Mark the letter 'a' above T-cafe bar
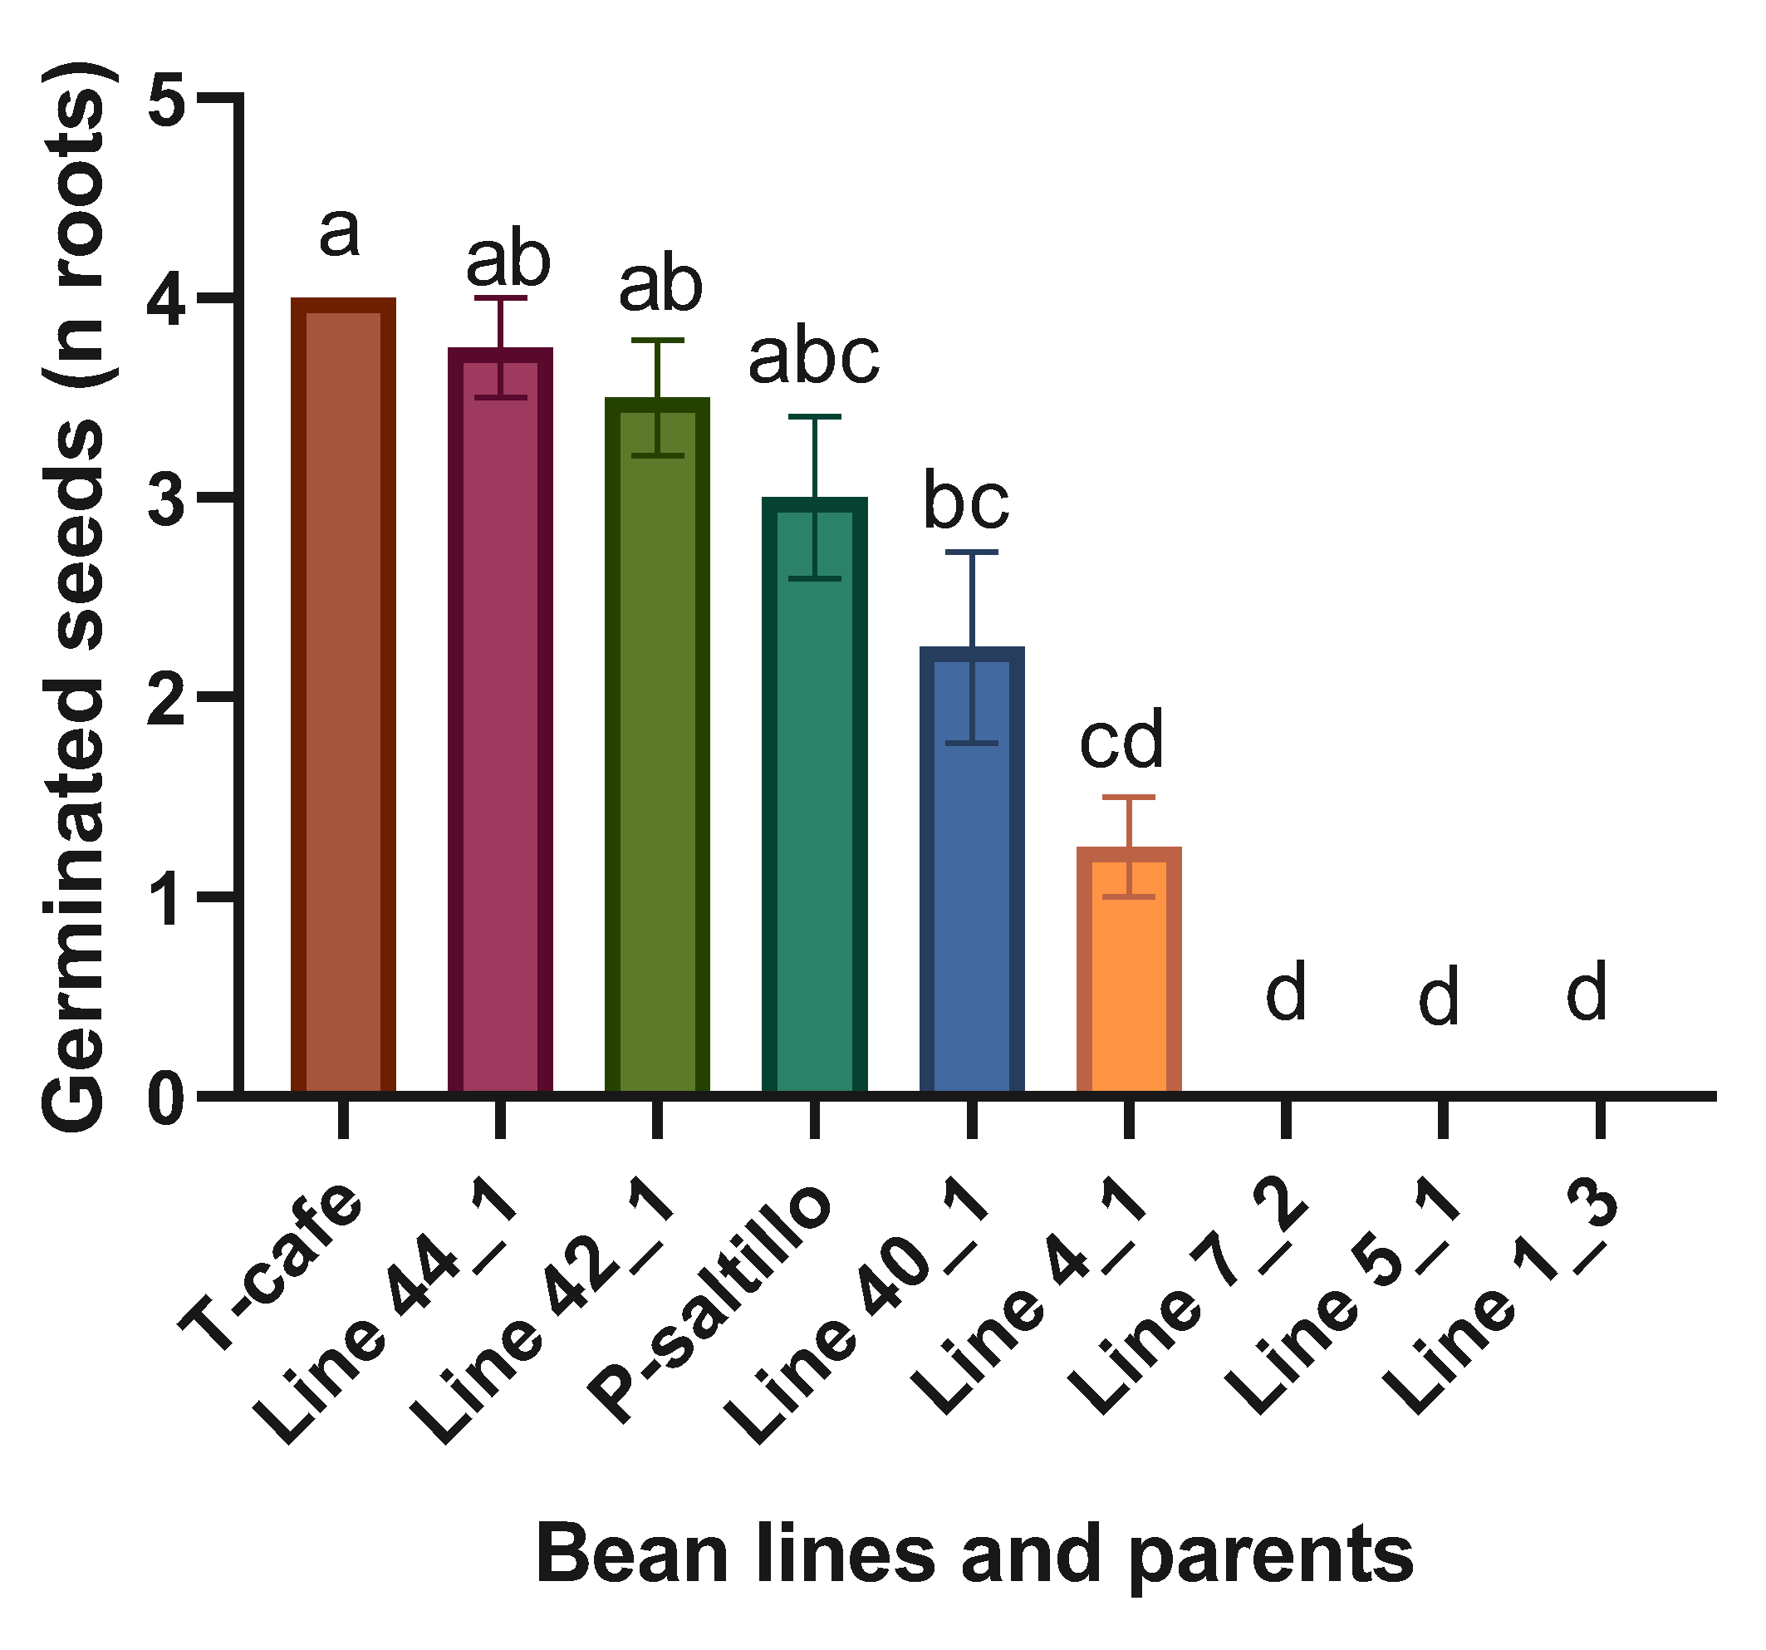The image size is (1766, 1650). tap(340, 233)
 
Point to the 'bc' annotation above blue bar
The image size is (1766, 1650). tap(967, 502)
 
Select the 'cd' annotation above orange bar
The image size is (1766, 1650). tap(1121, 740)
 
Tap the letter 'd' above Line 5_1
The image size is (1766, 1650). tap(1438, 999)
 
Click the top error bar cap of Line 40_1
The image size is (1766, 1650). tap(972, 552)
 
